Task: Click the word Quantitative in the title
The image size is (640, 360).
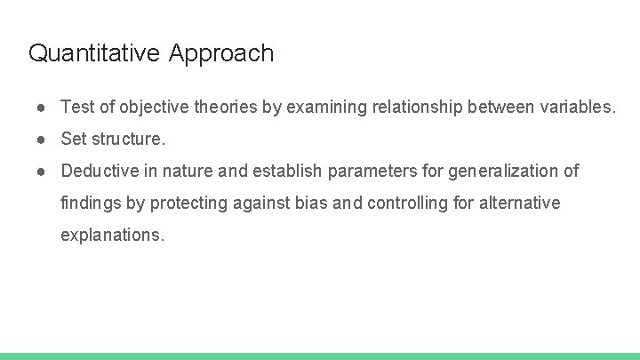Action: tap(94, 53)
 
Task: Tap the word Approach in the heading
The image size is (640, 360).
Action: tap(221, 54)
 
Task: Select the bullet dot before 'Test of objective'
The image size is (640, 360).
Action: tap(42, 108)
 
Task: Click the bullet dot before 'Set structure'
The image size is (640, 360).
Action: tap(42, 140)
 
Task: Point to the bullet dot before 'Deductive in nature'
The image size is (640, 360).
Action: tap(42, 171)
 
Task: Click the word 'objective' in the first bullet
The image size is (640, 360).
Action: tap(149, 108)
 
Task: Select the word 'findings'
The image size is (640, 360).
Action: tap(91, 203)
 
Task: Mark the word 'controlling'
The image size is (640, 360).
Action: tap(407, 203)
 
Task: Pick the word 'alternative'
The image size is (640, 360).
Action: tap(520, 203)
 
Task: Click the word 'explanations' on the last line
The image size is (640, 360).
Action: tap(112, 236)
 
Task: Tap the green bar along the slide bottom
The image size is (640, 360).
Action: tap(320, 356)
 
